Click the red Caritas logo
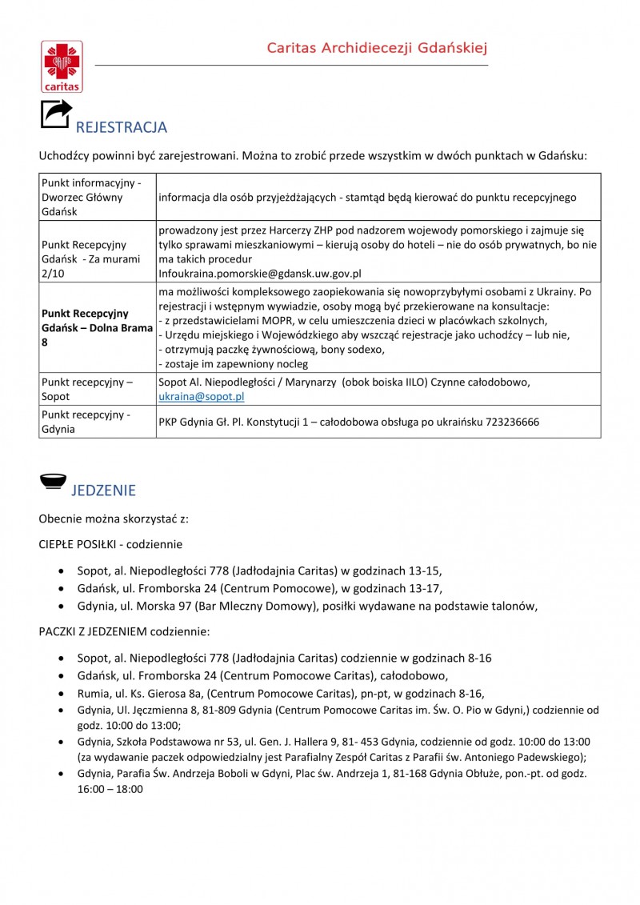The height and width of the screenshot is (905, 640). pyautogui.click(x=62, y=66)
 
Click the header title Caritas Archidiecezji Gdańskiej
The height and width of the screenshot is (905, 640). pyautogui.click(x=378, y=48)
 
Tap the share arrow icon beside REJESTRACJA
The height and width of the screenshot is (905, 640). pyautogui.click(x=55, y=114)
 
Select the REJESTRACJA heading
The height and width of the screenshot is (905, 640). pyautogui.click(x=121, y=127)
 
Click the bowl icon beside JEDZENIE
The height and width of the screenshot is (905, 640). pyautogui.click(x=53, y=482)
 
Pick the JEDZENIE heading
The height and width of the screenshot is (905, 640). pyautogui.click(x=104, y=491)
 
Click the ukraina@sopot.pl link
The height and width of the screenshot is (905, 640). pyautogui.click(x=202, y=396)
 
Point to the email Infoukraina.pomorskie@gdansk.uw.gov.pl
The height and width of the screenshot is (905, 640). pyautogui.click(x=260, y=273)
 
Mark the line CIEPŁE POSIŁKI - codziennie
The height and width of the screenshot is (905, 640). pyautogui.click(x=110, y=544)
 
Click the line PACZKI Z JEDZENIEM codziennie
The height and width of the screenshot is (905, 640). pyautogui.click(x=124, y=631)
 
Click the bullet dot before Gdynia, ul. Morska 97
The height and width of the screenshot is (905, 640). pyautogui.click(x=62, y=607)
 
